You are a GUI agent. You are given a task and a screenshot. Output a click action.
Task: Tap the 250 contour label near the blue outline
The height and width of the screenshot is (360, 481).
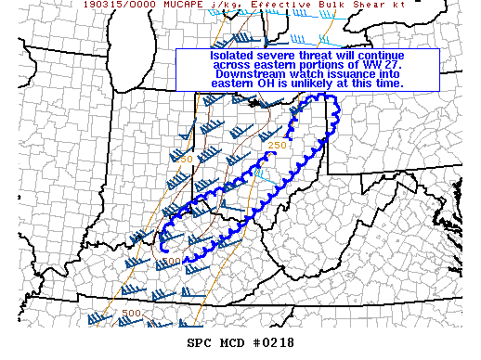click(x=277, y=145)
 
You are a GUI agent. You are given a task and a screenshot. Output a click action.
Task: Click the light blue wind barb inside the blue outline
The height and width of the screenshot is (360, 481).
click(x=261, y=173)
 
